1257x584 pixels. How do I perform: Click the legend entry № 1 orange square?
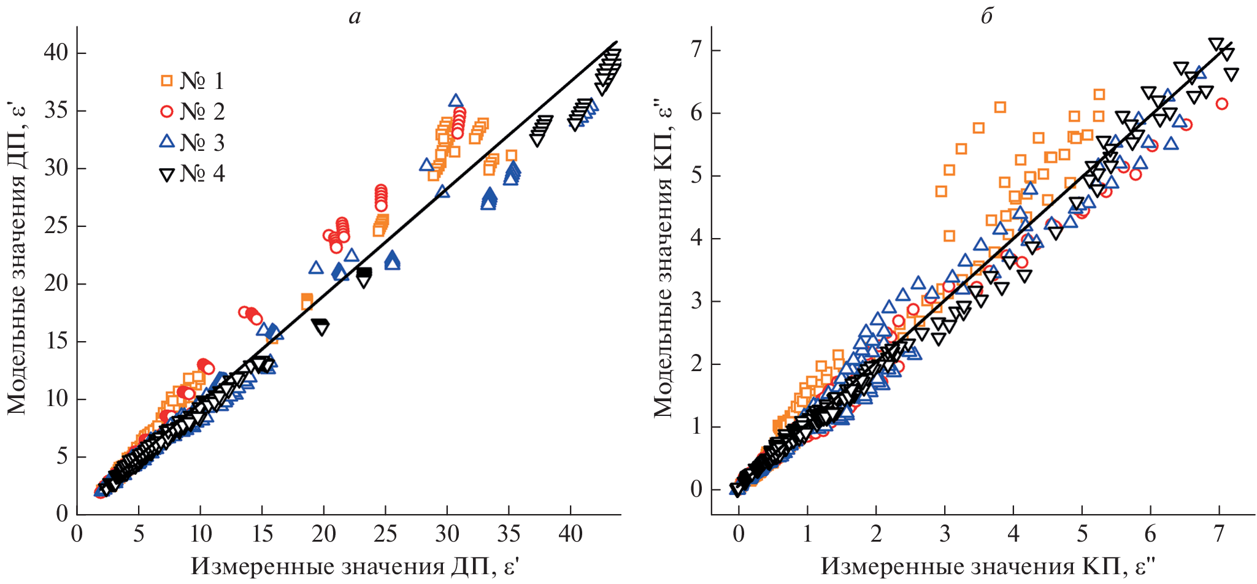point(166,80)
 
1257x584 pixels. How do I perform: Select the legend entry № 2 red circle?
point(166,111)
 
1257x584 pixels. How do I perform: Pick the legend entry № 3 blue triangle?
point(166,142)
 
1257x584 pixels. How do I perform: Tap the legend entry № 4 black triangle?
point(166,175)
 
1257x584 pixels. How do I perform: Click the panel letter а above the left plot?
point(355,17)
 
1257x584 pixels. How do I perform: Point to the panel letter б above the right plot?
point(986,17)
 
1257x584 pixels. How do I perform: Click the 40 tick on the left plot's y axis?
point(56,53)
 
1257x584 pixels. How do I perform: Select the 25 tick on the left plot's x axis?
point(385,534)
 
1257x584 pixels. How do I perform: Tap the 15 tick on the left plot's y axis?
point(56,342)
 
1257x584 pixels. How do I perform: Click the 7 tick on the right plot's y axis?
point(696,50)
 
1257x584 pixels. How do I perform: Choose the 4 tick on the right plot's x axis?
point(1013,534)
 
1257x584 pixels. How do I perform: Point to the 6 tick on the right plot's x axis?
point(1151,534)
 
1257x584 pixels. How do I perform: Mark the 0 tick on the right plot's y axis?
point(696,490)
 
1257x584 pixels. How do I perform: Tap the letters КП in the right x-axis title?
point(1101,566)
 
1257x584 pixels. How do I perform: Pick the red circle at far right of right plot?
point(1221,104)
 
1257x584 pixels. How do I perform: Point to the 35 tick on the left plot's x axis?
point(509,534)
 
